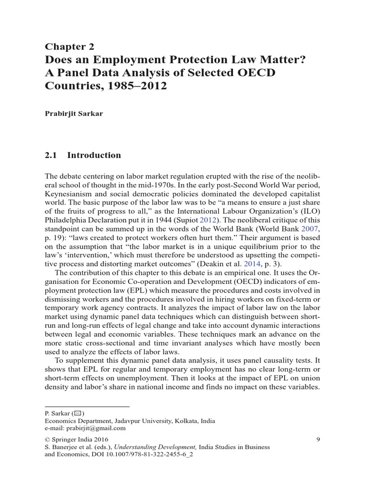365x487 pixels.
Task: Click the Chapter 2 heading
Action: [x=69, y=46]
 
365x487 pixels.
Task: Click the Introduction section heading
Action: [x=94, y=155]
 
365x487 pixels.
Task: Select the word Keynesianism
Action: [x=71, y=194]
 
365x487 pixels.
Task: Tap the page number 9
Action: [x=318, y=439]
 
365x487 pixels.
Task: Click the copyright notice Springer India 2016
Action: [x=77, y=439]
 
